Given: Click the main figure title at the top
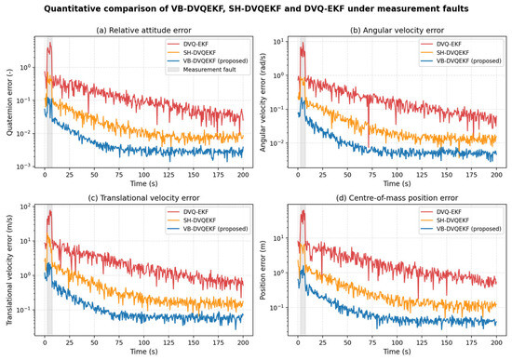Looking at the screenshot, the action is click(x=256, y=8).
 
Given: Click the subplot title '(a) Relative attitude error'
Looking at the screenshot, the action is click(x=143, y=31).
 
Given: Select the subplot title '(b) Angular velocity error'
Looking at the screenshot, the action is click(x=397, y=31).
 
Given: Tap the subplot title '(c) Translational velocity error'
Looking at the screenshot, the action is click(x=143, y=198).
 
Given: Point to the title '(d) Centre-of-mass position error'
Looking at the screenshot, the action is click(x=397, y=198).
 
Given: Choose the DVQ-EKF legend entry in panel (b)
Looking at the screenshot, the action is click(x=441, y=44).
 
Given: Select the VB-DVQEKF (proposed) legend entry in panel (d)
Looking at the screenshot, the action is click(x=461, y=229).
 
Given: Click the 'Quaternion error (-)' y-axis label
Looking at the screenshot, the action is click(x=9, y=102).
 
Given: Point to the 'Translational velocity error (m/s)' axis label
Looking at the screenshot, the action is click(x=9, y=270).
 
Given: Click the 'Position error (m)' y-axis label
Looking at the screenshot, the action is click(x=263, y=270).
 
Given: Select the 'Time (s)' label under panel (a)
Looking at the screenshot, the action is click(x=143, y=183).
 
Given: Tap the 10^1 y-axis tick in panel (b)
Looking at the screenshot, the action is click(x=278, y=42).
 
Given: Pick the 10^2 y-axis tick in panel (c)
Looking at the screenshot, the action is click(x=25, y=207).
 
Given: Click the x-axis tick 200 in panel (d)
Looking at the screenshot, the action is click(x=497, y=342).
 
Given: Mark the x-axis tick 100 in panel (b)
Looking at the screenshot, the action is click(x=397, y=175).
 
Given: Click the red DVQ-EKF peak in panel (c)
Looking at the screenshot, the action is click(x=50, y=211).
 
